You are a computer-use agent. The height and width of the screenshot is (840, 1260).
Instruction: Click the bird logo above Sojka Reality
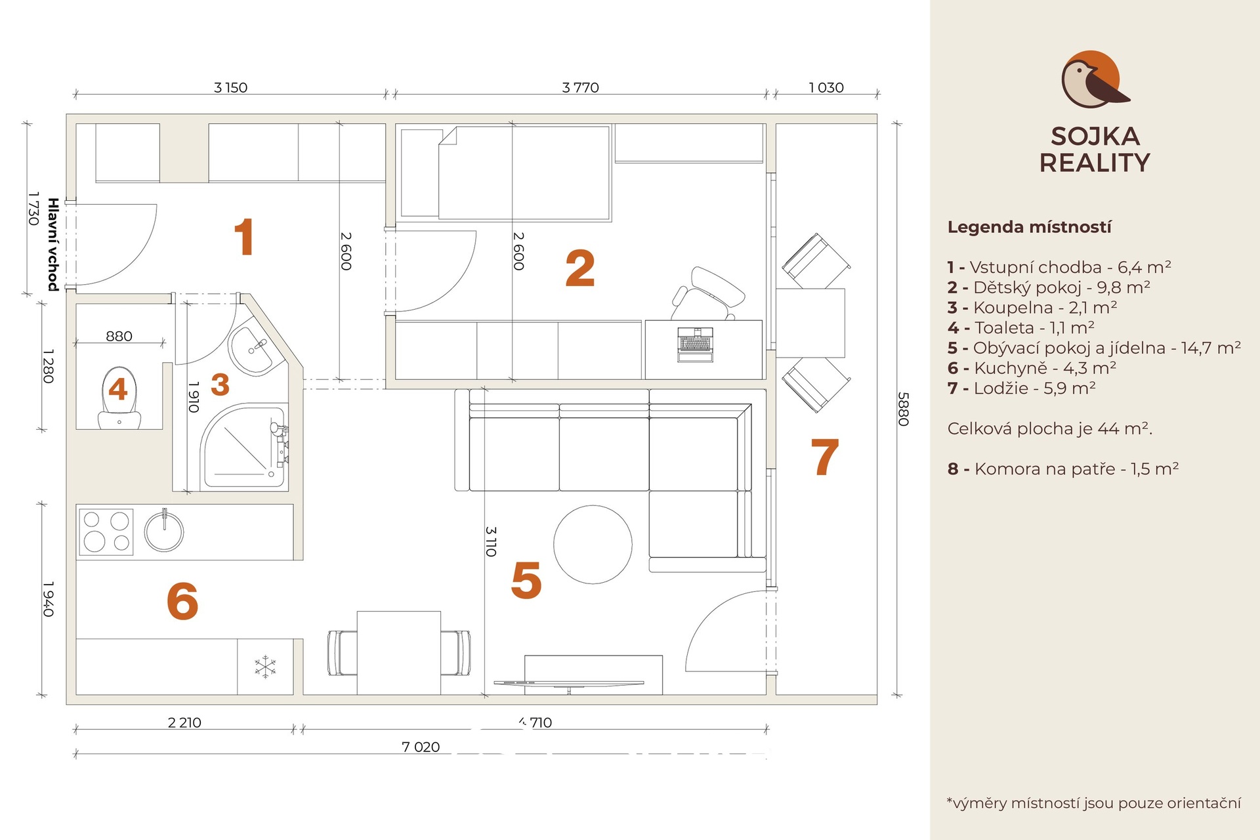point(1095,79)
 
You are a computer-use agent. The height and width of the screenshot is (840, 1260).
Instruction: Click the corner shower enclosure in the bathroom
point(243,446)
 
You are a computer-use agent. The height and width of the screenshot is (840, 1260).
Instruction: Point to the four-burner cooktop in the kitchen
point(106,532)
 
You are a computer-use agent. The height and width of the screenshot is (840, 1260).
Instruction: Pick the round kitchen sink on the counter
point(163,530)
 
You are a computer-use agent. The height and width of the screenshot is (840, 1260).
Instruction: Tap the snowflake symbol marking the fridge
point(265,667)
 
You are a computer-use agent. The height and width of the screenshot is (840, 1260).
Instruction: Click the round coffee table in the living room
point(593,545)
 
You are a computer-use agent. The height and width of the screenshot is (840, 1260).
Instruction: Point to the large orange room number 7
point(825,457)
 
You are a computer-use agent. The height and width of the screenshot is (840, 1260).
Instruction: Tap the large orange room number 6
point(182,601)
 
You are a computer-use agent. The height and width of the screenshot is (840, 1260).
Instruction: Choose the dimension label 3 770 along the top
point(581,87)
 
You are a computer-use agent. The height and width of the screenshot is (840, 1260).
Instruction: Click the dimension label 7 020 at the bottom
point(421,747)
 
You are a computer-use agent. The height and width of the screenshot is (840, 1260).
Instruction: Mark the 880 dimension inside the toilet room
point(119,336)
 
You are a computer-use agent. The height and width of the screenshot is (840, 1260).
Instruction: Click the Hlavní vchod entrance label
point(53,244)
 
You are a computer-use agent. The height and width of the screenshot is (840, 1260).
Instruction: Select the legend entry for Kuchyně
point(1032,368)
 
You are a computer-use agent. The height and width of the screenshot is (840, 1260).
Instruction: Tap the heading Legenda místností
point(1030,228)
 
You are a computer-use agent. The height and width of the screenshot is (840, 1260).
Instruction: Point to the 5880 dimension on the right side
point(903,409)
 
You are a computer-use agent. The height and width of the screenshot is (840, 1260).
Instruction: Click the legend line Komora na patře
point(1063,469)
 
